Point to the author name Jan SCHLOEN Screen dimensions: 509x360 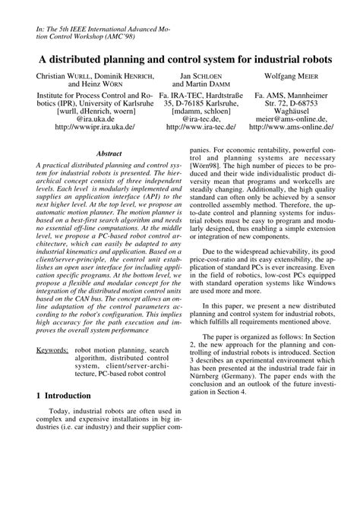pos(199,77)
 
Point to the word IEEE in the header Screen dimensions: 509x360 pos(71,25)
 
